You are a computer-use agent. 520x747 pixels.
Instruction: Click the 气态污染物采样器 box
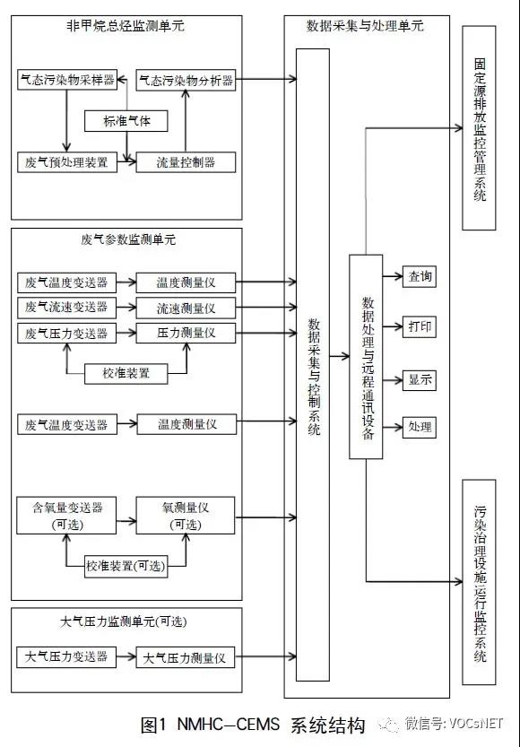coord(67,80)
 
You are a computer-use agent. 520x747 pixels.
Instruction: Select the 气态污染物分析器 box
coord(186,80)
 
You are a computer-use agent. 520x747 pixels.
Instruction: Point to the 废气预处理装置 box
coord(67,162)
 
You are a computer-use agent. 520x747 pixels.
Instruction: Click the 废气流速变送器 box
coord(67,308)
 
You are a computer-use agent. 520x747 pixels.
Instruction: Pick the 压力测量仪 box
coord(186,333)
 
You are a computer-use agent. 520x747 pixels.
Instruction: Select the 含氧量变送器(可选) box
coord(67,516)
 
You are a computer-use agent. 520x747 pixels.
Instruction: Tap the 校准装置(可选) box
coord(126,566)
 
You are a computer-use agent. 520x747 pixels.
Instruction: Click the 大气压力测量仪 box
coord(186,658)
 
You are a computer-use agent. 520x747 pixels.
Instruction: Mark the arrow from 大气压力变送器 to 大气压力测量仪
coord(126,658)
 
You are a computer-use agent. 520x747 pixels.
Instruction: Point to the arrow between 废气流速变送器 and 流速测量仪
coord(126,308)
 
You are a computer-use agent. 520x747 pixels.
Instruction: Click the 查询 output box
coord(418,276)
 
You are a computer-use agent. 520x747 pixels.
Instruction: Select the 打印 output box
coord(418,326)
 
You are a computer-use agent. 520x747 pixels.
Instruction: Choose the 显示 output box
coord(418,378)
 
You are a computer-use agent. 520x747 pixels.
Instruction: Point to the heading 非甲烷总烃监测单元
coord(126,26)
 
